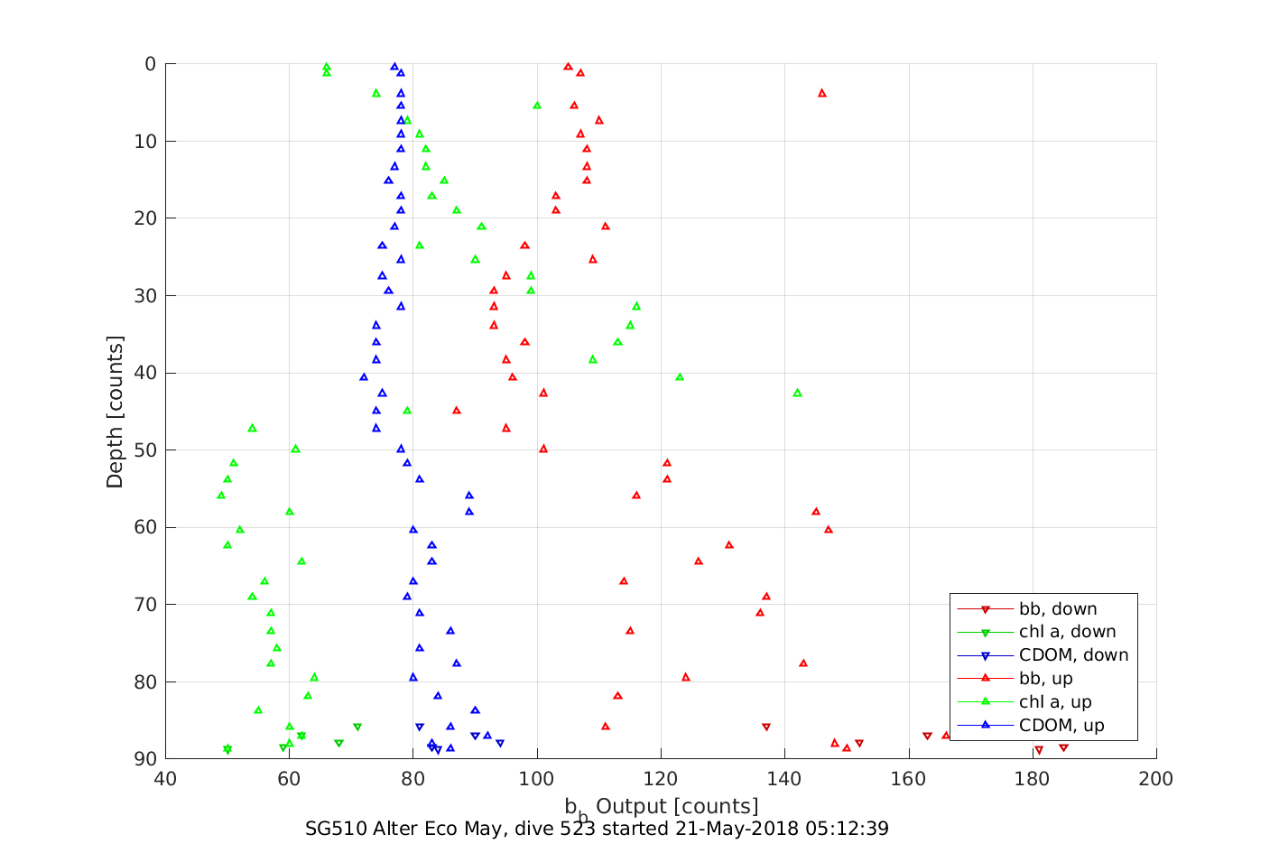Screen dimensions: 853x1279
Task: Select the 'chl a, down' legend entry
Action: (1067, 633)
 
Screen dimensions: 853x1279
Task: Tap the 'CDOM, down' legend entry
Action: (1073, 656)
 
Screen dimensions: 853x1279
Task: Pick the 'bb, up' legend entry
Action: (1045, 680)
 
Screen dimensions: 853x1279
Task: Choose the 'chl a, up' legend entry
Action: (1055, 703)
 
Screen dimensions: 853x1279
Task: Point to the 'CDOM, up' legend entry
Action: (1061, 727)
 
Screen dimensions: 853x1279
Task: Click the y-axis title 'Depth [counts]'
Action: (115, 412)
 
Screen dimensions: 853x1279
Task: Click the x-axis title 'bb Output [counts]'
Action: (662, 807)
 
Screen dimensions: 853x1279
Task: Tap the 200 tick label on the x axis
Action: (1156, 779)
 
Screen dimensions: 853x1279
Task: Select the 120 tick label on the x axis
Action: (661, 779)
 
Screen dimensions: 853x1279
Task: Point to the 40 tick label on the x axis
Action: (165, 779)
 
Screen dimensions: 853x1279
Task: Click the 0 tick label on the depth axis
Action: (150, 64)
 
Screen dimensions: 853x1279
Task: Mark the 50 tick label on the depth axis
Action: (144, 450)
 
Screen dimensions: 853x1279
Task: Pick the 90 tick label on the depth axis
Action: (144, 759)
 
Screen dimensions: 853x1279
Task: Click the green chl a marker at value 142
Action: (797, 393)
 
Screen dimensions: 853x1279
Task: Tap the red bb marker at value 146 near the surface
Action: (822, 93)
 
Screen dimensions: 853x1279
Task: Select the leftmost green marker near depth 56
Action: (221, 496)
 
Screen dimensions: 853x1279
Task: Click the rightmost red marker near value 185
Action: (1063, 747)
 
